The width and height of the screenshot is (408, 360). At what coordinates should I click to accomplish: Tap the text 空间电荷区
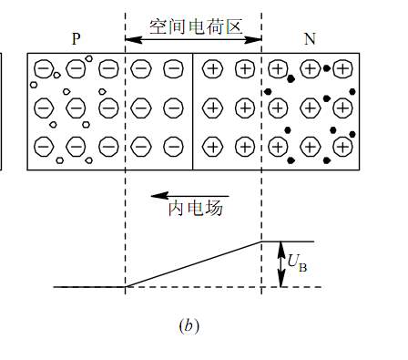coord(192,26)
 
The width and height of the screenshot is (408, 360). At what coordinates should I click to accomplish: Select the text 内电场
coord(195,209)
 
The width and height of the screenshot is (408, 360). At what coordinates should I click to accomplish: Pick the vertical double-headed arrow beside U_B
coord(281,264)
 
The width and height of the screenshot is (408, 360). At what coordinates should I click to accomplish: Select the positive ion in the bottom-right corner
coord(342,146)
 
